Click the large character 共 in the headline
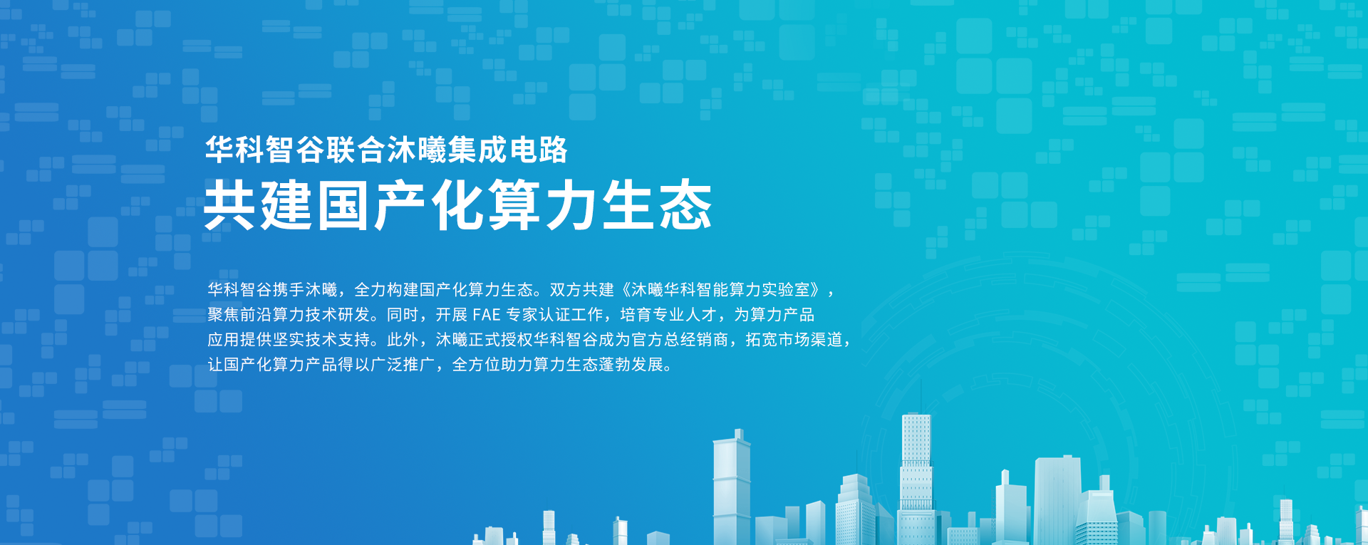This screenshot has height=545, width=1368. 229,205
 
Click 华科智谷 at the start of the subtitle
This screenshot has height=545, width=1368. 264,150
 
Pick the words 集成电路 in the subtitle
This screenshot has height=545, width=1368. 508,150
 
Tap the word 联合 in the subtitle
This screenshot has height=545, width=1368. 356,150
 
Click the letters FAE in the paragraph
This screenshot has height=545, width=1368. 487,315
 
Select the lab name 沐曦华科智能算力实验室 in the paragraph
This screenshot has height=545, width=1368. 720,290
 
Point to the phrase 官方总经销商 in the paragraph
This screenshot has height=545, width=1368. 680,340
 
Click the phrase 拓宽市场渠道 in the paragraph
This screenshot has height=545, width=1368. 794,340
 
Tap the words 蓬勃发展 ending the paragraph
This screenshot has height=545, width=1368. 631,365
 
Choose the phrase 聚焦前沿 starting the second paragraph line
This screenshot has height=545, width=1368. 240,315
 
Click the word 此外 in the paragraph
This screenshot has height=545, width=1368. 403,340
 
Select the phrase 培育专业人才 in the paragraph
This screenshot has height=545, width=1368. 668,315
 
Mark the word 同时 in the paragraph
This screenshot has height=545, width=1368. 403,315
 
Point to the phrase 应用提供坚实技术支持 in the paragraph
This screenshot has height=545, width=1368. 289,340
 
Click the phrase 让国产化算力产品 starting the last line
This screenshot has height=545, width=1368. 272,365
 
